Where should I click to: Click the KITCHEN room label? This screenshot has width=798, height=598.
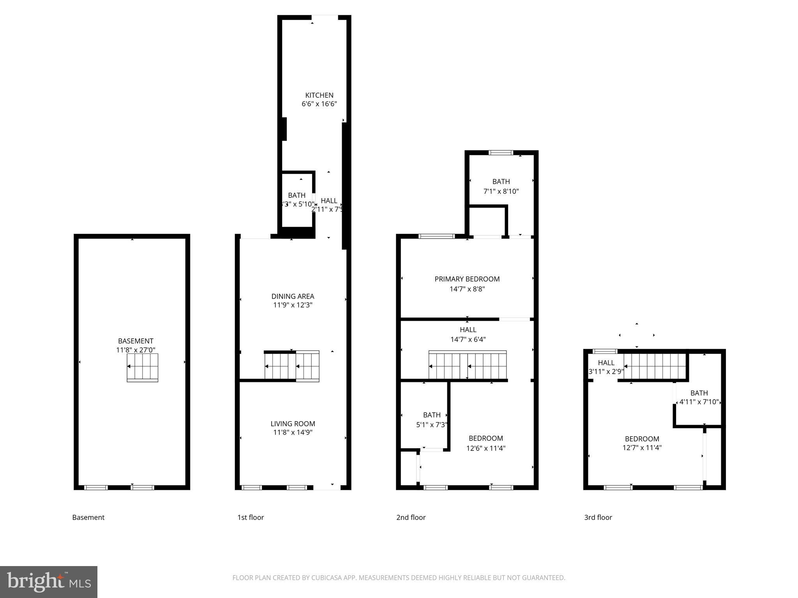pyautogui.click(x=319, y=95)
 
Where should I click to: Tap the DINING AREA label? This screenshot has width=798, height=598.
pyautogui.click(x=293, y=296)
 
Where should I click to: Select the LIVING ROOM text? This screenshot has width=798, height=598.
pyautogui.click(x=293, y=424)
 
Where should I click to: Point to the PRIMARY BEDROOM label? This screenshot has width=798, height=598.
pyautogui.click(x=467, y=279)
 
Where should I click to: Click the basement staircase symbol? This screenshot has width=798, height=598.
pyautogui.click(x=142, y=368)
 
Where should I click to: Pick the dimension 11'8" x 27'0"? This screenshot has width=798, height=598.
pyautogui.click(x=136, y=350)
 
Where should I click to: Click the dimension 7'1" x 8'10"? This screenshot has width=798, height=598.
pyautogui.click(x=501, y=191)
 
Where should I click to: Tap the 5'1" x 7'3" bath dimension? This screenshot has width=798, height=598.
pyautogui.click(x=431, y=425)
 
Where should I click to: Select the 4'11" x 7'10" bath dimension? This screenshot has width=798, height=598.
pyautogui.click(x=699, y=402)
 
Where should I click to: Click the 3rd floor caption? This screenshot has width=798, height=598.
pyautogui.click(x=598, y=517)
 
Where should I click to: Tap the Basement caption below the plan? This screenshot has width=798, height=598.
pyautogui.click(x=88, y=517)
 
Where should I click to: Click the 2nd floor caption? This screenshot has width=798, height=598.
pyautogui.click(x=411, y=517)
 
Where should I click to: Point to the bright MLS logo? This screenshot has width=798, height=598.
pyautogui.click(x=49, y=582)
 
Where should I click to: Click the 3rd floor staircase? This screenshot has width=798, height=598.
pyautogui.click(x=655, y=366)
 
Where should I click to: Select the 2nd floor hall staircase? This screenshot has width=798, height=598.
pyautogui.click(x=468, y=365)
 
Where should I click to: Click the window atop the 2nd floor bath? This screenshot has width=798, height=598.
pyautogui.click(x=501, y=153)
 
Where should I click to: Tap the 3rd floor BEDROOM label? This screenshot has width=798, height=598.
pyautogui.click(x=642, y=439)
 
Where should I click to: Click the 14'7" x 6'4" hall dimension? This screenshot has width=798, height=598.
pyautogui.click(x=468, y=339)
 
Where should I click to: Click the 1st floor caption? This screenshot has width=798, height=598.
pyautogui.click(x=251, y=517)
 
